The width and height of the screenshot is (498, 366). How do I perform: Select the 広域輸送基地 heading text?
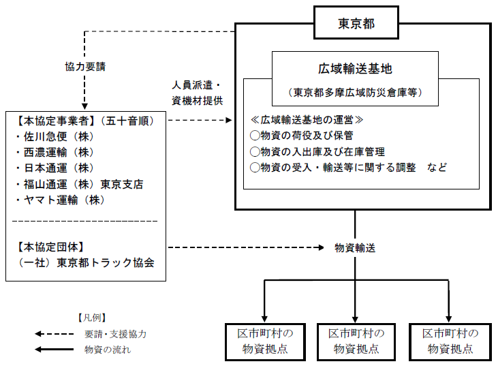[x=355, y=69]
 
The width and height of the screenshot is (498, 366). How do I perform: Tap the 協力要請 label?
[x=85, y=67]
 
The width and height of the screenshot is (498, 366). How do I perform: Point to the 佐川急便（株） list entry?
[x=55, y=136]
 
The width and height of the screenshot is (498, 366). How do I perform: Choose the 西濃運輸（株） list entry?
[x=55, y=153]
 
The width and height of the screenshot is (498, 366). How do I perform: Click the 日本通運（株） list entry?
[x=55, y=168]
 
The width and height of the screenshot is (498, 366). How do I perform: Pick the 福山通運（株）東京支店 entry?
[x=80, y=184]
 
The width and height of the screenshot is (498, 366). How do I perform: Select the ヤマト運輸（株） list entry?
[x=61, y=200]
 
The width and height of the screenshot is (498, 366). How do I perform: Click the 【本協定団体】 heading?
[x=50, y=247]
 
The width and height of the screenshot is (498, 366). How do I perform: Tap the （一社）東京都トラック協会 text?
[x=85, y=263]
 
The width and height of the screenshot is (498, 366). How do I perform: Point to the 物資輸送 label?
[x=355, y=248]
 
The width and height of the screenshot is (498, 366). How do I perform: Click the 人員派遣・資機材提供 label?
[x=198, y=93]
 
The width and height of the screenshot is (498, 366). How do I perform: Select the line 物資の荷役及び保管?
[x=302, y=136]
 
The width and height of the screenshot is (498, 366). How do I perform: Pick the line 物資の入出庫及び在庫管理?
[x=317, y=151]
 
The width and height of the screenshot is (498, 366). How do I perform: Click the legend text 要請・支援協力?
[x=116, y=334]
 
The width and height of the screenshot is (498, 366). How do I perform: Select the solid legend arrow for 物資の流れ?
[x=54, y=350]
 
